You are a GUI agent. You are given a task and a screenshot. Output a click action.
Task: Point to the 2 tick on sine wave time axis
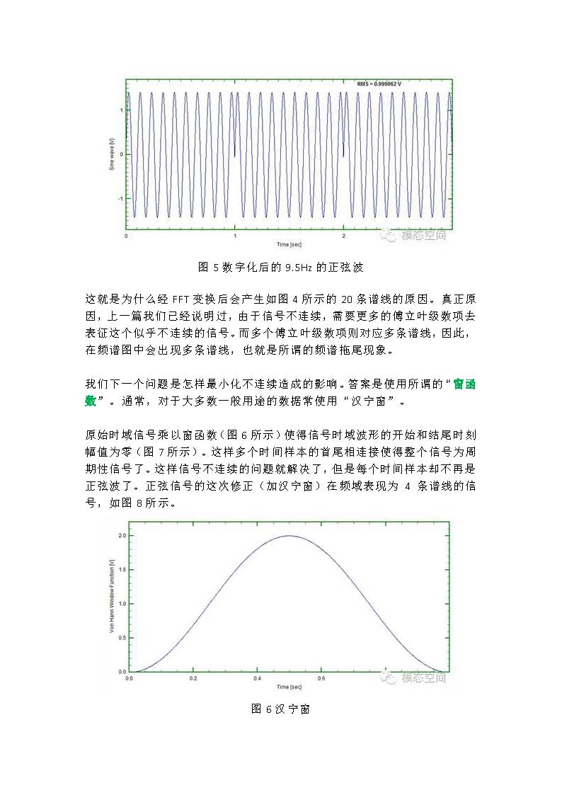343,235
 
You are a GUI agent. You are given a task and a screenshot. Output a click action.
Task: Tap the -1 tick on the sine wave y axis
121,198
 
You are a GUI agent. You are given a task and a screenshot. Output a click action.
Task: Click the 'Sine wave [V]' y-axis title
111,154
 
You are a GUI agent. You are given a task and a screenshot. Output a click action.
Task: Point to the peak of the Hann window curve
289,536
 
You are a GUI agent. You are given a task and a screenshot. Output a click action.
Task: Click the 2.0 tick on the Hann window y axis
122,536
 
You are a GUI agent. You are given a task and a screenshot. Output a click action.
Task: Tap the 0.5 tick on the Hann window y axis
122,638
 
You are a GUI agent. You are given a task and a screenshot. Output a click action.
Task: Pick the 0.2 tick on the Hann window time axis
193,678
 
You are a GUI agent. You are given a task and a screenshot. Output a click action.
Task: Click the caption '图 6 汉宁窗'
280,709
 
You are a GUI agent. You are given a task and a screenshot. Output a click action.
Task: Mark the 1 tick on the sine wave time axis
234,235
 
